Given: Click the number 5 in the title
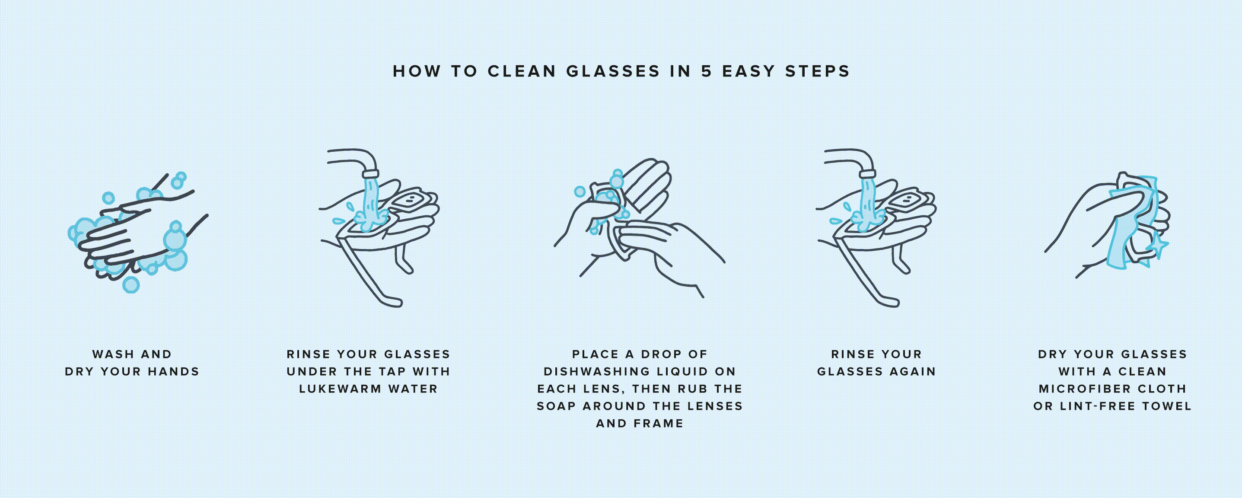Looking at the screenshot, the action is click(x=706, y=71).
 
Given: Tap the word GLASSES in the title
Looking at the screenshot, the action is click(x=613, y=71).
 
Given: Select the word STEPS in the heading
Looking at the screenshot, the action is click(x=817, y=71).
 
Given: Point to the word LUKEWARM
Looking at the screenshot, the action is click(x=340, y=389).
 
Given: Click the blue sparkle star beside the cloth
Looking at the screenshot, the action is click(x=1157, y=247).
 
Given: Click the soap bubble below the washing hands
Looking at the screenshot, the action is click(x=131, y=284).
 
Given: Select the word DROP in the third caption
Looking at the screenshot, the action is click(x=658, y=354).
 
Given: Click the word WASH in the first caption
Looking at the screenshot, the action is click(x=113, y=354).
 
